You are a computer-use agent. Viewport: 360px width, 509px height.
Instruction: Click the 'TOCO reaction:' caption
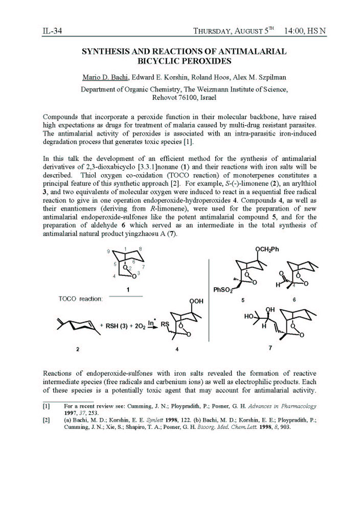(x=81, y=299)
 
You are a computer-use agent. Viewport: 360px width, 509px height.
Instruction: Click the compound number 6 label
(x=295, y=300)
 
